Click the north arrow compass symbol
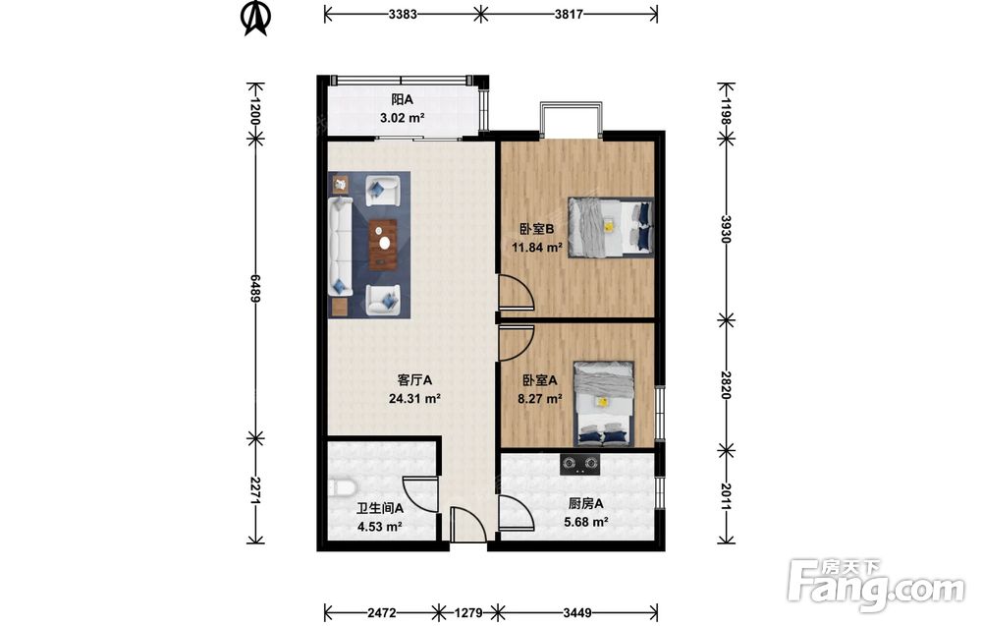point(256,18)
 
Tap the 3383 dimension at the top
point(402,14)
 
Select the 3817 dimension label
point(569,14)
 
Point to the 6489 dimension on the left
point(255,288)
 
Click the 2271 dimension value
point(255,490)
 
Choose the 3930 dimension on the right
point(726,229)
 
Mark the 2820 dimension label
point(726,385)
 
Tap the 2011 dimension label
point(726,496)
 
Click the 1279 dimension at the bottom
point(467,612)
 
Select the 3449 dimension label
point(576,612)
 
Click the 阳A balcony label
point(402,99)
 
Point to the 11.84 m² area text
point(537,247)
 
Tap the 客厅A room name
point(414,379)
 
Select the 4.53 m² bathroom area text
point(379,527)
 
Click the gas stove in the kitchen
point(580,464)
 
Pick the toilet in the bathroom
point(342,488)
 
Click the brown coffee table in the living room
point(383,244)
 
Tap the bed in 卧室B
point(611,227)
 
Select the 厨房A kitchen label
point(585,503)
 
